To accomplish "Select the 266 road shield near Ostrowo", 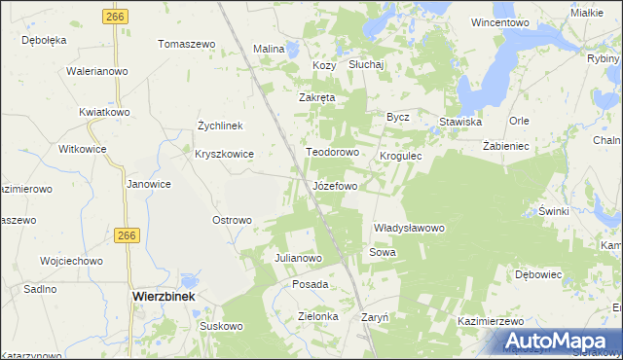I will (126, 235).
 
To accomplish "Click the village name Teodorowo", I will (333, 153).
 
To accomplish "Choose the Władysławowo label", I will (409, 228).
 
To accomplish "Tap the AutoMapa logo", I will (560, 341).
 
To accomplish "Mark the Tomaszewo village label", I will (186, 45).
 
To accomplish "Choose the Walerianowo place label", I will (97, 71).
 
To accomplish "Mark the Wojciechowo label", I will (71, 261).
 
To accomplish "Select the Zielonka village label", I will (317, 316).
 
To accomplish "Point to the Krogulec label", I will (400, 155).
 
